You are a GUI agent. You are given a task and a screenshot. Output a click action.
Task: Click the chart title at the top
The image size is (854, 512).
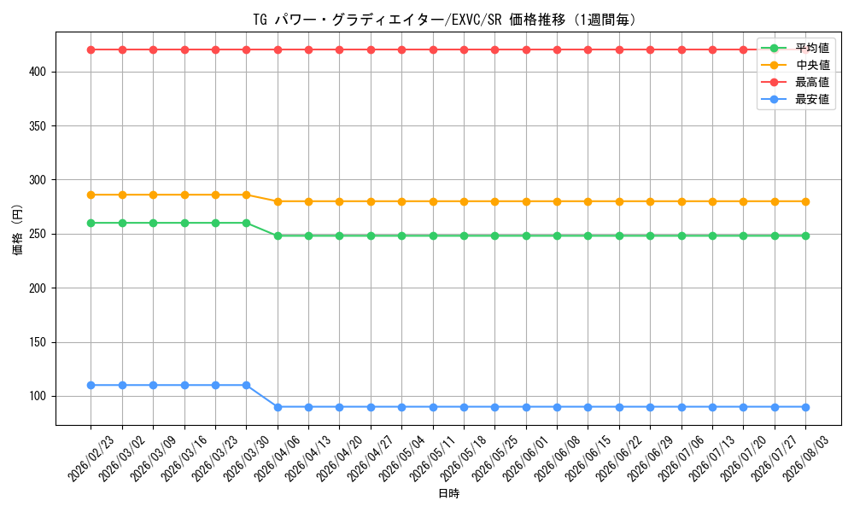tap(444, 20)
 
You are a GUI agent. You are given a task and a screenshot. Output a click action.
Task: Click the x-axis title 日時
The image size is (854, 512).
tap(449, 493)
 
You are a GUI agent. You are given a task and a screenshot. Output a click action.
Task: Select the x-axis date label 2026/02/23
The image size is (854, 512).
tap(91, 458)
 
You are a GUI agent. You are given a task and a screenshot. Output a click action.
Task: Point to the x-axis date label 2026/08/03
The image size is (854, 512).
tap(806, 458)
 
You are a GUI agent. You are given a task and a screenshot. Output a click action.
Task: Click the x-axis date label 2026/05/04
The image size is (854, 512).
tap(402, 458)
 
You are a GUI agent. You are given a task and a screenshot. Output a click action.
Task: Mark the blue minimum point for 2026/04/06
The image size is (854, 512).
tap(278, 407)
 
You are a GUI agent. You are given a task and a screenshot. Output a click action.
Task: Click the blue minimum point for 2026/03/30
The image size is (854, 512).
tap(246, 385)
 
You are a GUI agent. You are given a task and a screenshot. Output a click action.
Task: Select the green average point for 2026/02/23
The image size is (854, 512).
tap(91, 223)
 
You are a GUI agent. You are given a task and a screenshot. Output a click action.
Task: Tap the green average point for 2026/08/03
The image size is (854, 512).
tap(806, 236)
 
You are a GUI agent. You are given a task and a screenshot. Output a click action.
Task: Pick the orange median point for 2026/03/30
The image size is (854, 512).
tap(246, 195)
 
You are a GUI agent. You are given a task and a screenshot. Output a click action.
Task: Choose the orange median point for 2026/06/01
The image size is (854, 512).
tap(526, 201)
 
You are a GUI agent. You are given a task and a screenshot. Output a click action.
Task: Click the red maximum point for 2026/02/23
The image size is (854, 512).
tap(91, 50)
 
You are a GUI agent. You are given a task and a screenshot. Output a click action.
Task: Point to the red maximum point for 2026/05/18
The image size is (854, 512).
tap(464, 50)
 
